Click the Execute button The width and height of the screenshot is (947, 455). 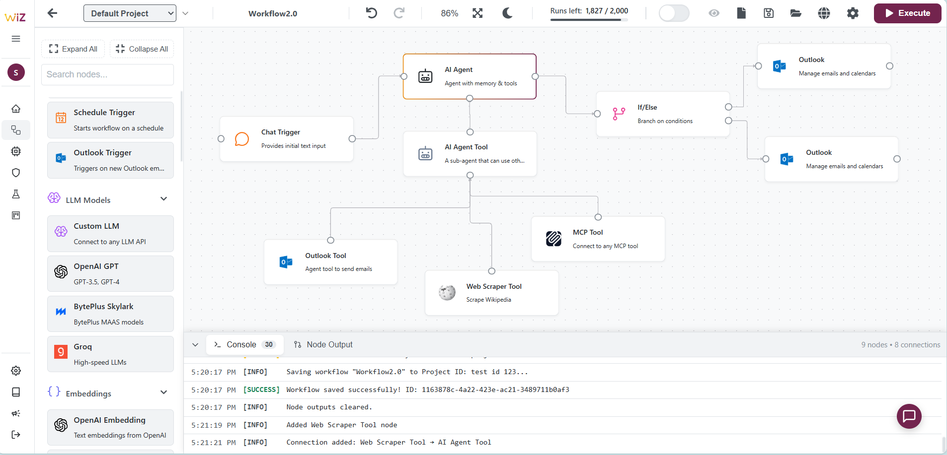[907, 13]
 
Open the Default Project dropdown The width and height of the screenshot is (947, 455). [130, 13]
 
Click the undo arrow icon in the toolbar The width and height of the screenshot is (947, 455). [371, 13]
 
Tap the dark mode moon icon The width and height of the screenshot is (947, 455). [507, 13]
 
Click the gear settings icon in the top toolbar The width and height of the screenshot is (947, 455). [853, 13]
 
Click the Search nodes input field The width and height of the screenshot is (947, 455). [107, 74]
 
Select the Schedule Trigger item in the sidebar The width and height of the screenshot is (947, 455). [110, 120]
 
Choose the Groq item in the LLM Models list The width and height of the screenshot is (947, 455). [110, 354]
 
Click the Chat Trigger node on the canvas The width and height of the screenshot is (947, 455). [287, 139]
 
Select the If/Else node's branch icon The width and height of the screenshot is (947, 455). [619, 114]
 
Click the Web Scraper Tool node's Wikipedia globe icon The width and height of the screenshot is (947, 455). [447, 293]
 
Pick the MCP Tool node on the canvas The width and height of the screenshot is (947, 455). [598, 239]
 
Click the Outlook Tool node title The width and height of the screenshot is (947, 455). [325, 256]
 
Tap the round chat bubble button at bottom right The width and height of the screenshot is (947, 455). [909, 416]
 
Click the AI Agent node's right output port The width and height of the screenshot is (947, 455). [535, 76]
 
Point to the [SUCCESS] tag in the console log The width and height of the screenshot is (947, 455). [261, 390]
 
